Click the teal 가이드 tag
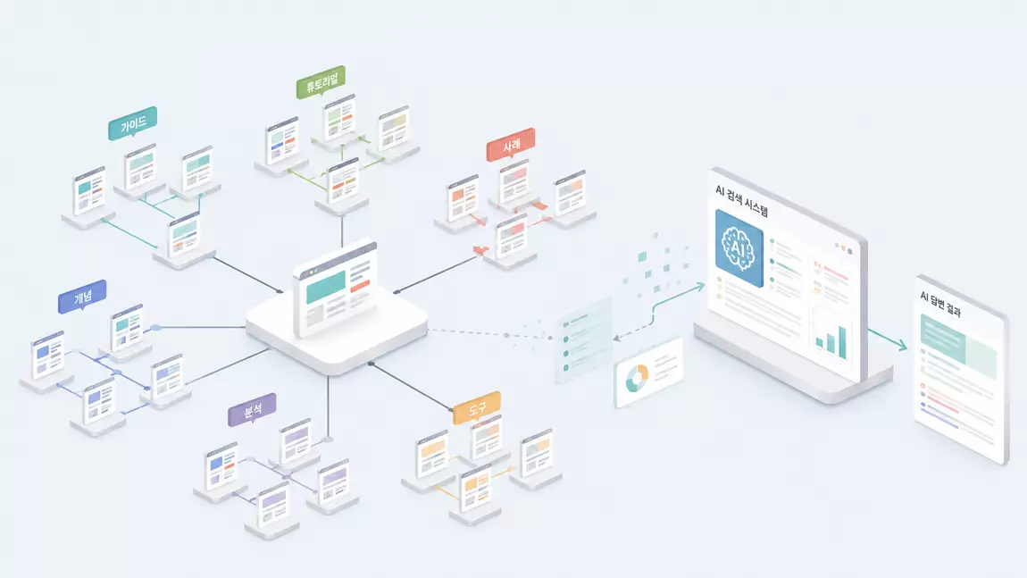[132, 122]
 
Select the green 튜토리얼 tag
[321, 82]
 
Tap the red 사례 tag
[511, 144]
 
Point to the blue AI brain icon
[739, 248]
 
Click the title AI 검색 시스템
[741, 200]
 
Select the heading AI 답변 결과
[939, 304]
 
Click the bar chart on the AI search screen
[831, 339]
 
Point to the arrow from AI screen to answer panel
[888, 339]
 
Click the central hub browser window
[336, 286]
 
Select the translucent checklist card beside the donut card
[583, 339]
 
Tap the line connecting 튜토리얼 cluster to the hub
[342, 231]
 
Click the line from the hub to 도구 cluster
[412, 387]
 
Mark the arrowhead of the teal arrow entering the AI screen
[700, 287]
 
